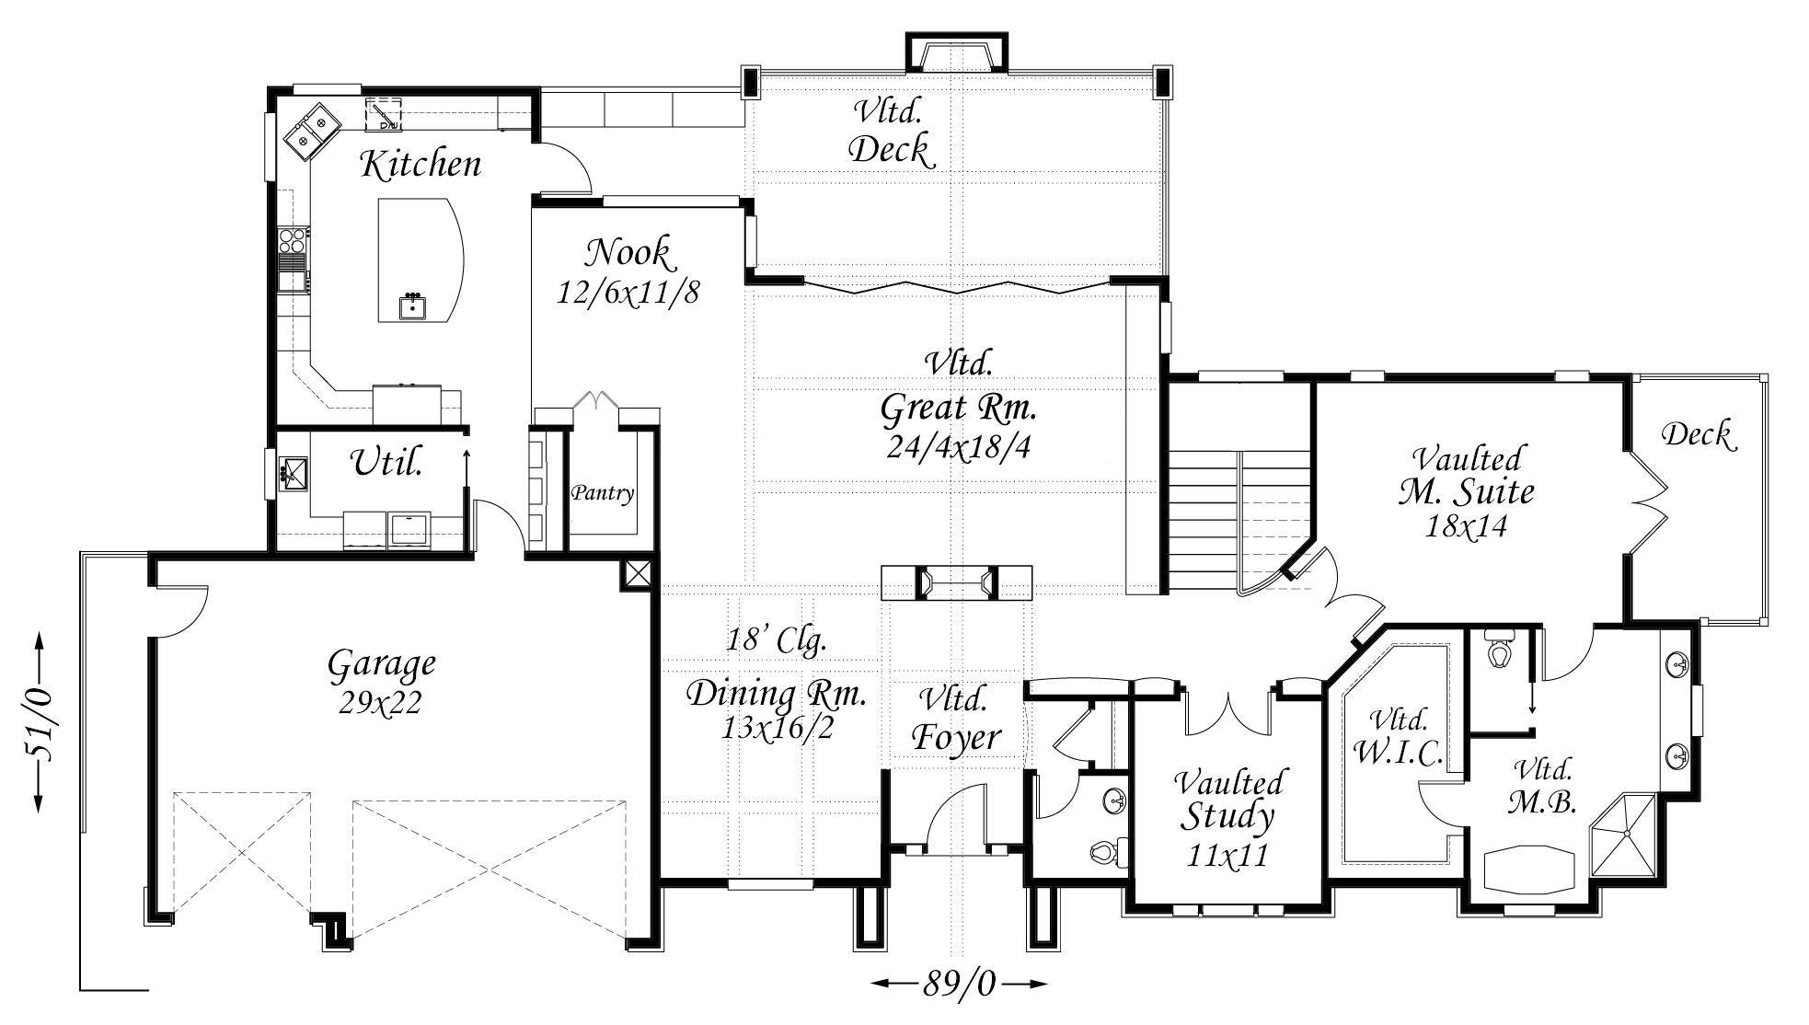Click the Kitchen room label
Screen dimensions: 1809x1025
coord(421,164)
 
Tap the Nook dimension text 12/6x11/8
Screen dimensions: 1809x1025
coord(628,292)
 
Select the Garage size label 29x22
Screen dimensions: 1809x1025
coord(380,702)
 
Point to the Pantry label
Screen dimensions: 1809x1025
coord(603,493)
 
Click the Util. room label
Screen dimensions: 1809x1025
coord(387,461)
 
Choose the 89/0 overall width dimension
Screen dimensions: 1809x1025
coord(959,985)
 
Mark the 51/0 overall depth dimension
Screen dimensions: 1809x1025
coord(40,722)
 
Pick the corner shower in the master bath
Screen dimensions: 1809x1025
coord(1626,832)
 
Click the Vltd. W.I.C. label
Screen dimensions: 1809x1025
coord(1398,736)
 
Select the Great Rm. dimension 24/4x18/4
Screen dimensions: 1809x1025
coord(959,446)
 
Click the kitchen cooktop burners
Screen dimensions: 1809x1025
coord(294,240)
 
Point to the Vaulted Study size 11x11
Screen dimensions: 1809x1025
coord(1228,856)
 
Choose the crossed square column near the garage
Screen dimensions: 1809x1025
coord(637,575)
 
